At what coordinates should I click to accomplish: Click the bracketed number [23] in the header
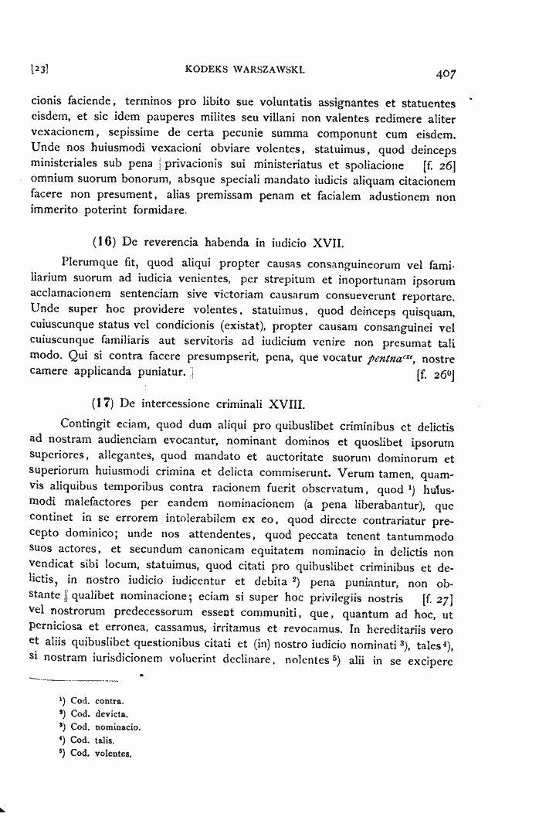pyautogui.click(x=39, y=70)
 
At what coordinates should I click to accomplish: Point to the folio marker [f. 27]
pyautogui.click(x=439, y=598)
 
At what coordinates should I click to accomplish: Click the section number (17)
pyautogui.click(x=103, y=403)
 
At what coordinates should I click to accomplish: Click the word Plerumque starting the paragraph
pyautogui.click(x=88, y=265)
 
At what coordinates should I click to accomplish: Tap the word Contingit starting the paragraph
pyautogui.click(x=86, y=425)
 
